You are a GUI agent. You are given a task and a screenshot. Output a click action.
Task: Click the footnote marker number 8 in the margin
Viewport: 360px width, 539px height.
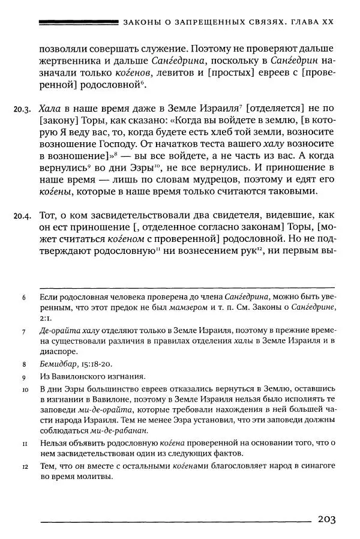point(23,364)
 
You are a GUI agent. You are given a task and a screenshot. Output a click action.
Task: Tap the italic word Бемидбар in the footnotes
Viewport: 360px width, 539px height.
point(56,364)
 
